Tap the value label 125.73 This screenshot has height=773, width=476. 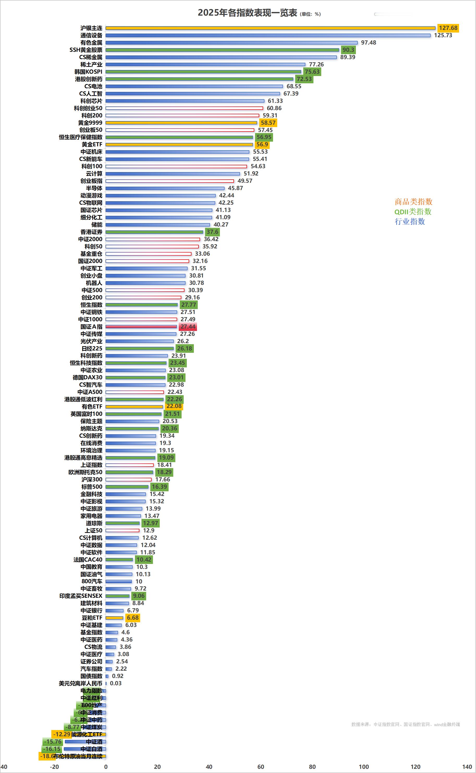[443, 35]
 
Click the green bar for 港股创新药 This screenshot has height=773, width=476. [199, 79]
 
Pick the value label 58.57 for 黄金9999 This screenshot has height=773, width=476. [268, 123]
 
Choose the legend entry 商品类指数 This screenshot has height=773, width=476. [413, 202]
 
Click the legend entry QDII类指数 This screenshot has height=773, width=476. [413, 212]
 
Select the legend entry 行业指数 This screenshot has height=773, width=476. [410, 222]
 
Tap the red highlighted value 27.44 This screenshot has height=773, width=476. [188, 326]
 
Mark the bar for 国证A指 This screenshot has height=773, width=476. [141, 326]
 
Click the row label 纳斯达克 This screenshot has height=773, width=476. [91, 429]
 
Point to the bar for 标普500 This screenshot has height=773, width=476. [127, 487]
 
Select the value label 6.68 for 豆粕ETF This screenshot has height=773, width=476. [133, 618]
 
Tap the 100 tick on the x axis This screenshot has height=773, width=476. [364, 767]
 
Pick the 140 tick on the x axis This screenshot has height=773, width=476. [467, 767]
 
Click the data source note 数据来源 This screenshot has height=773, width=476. [405, 724]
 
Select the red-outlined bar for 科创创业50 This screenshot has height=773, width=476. [184, 108]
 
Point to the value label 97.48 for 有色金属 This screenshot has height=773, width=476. [368, 42]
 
